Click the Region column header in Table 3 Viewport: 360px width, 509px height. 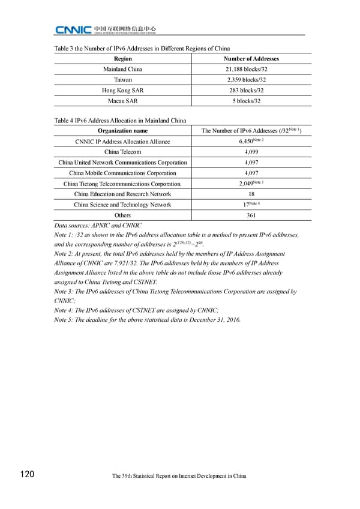point(122,59)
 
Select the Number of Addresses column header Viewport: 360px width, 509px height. point(251,59)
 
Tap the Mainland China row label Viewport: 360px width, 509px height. point(122,69)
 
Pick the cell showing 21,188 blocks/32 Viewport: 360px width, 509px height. point(251,69)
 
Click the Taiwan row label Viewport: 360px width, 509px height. point(122,79)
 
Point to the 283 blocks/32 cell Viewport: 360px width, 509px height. point(251,90)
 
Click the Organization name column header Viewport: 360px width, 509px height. point(122,131)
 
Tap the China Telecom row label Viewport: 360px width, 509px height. point(122,152)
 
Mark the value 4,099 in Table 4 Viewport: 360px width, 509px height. point(251,152)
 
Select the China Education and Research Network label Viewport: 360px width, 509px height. point(122,194)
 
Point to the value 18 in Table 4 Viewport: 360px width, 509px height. point(251,194)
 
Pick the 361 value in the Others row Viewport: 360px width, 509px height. point(251,215)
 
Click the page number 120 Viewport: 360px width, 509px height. point(26,475)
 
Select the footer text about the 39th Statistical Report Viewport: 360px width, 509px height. point(179,476)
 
